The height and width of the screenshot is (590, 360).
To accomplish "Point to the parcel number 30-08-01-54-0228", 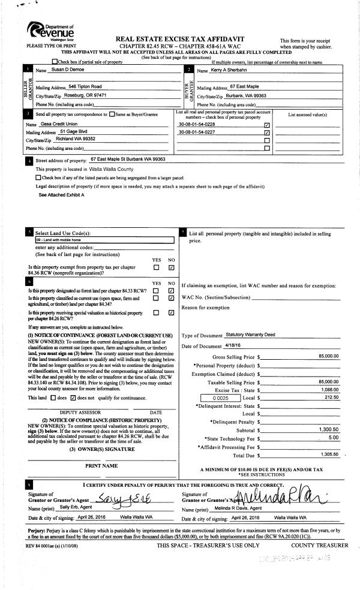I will click(x=197, y=125).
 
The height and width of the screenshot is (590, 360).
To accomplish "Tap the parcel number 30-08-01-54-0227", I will click(x=197, y=132).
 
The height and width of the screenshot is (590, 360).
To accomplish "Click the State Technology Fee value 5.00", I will click(x=334, y=437).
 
